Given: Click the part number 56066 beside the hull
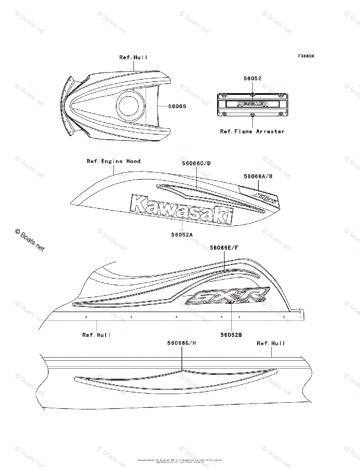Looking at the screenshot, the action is (x=177, y=106).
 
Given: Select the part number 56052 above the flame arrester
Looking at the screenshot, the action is (x=252, y=78).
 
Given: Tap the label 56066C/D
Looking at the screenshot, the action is (x=196, y=163).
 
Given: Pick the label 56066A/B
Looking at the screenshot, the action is (x=258, y=177).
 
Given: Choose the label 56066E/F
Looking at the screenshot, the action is (x=224, y=248).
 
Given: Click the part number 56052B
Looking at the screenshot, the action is (x=231, y=335).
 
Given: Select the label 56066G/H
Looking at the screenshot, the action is (x=181, y=343).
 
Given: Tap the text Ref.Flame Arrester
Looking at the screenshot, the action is (x=252, y=131).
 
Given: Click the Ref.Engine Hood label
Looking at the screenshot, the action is (x=113, y=161).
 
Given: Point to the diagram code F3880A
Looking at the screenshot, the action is (x=306, y=56).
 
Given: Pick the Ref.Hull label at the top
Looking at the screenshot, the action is (x=133, y=57).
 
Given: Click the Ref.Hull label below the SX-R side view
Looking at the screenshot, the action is (x=96, y=335).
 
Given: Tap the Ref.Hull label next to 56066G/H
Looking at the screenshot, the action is (x=271, y=343).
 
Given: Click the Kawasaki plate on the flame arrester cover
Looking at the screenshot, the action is (x=247, y=104).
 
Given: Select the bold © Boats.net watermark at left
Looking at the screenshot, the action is (x=30, y=240).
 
